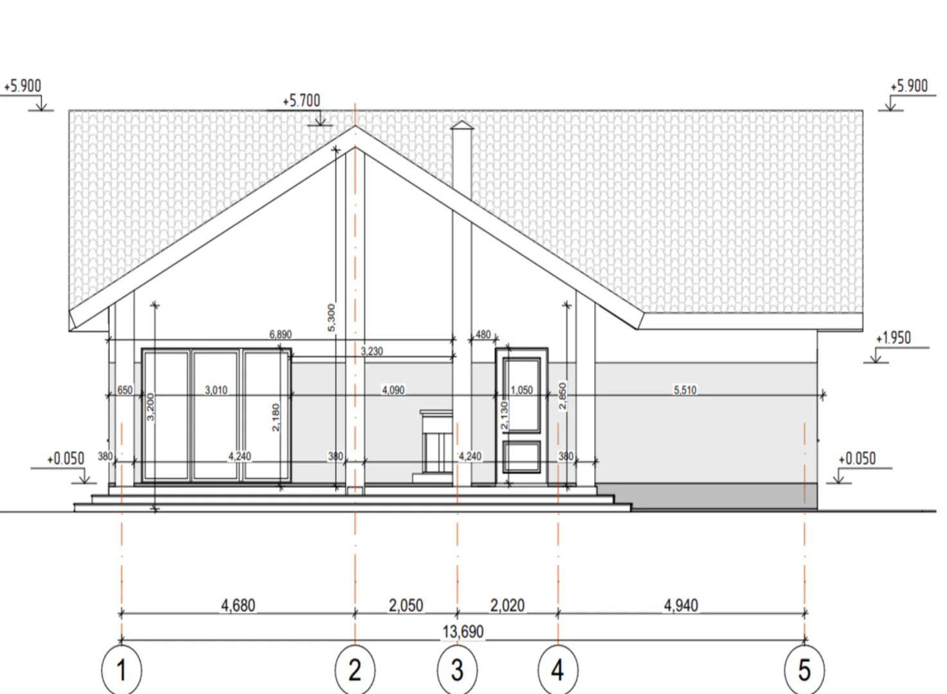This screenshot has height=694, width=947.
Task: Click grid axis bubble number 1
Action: [x=122, y=670]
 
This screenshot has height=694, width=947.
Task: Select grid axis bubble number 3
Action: [x=457, y=670]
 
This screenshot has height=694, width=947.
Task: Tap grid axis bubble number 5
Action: [x=804, y=670]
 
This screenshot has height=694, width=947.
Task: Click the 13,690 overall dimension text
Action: [x=463, y=632]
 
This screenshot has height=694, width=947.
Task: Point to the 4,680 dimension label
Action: [x=238, y=606]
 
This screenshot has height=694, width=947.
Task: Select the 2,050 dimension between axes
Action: [x=406, y=606]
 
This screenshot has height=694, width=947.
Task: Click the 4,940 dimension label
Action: [x=681, y=606]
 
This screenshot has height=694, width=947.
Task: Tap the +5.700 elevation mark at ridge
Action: [x=302, y=101]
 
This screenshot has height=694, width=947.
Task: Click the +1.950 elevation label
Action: [x=893, y=338]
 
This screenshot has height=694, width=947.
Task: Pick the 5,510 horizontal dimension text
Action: [x=685, y=389]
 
